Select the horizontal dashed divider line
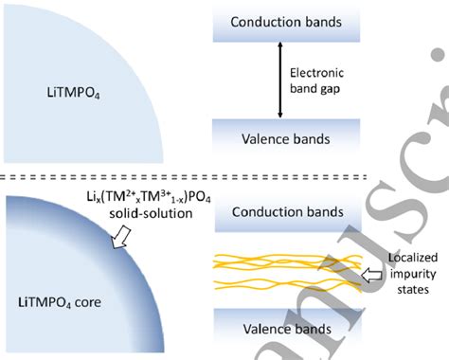[x=224, y=175]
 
